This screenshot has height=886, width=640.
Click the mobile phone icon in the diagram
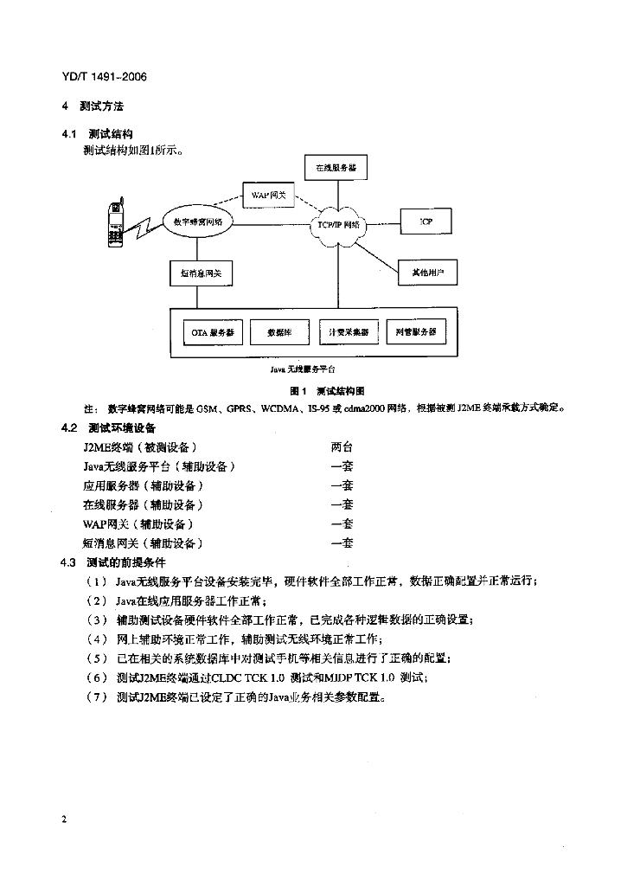[x=114, y=223]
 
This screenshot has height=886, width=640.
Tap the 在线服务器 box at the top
[x=335, y=167]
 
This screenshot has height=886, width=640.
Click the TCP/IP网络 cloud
[x=338, y=224]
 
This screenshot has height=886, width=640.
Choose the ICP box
[x=426, y=221]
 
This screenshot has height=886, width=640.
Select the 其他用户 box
[x=427, y=273]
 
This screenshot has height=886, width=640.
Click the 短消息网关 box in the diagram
[x=201, y=273]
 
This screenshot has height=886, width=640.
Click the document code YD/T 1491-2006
[x=105, y=76]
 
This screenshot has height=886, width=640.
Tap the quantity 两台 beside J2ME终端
[x=342, y=447]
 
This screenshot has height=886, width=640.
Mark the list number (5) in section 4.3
[x=96, y=658]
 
